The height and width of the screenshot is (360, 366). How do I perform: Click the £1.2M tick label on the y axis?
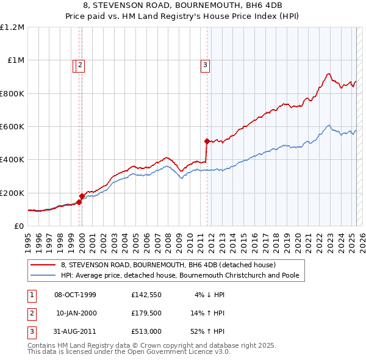pyautogui.click(x=12, y=27)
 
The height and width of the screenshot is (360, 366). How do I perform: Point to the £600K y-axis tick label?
pyautogui.click(x=12, y=127)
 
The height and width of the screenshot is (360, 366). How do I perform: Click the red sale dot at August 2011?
pyautogui.click(x=207, y=141)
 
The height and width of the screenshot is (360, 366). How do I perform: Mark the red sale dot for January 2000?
pyautogui.click(x=82, y=196)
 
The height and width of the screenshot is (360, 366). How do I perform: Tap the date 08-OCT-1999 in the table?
pyautogui.click(x=75, y=295)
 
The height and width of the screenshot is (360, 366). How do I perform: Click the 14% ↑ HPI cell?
pyautogui.click(x=208, y=313)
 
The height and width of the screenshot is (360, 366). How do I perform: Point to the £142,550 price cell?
pyautogui.click(x=146, y=295)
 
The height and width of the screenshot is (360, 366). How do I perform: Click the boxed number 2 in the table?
pyautogui.click(x=30, y=313)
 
